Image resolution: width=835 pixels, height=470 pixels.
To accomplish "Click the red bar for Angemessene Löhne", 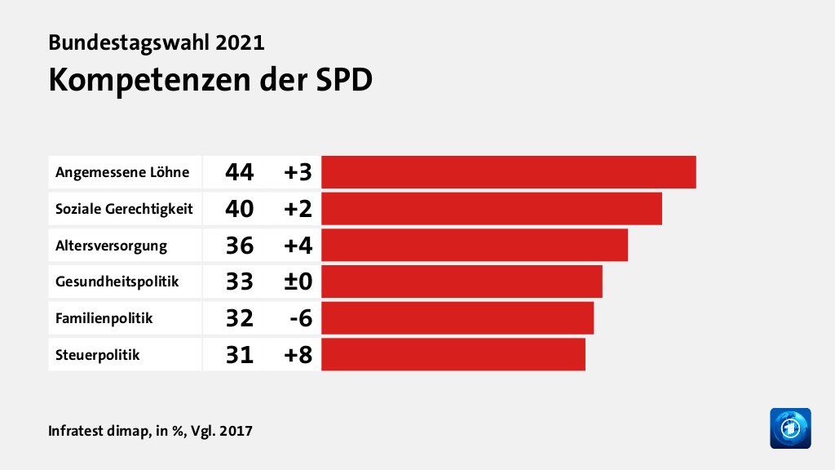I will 508,172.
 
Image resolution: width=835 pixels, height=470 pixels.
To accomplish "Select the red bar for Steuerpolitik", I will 453,355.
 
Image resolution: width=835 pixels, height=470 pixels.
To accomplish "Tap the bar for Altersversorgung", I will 475,246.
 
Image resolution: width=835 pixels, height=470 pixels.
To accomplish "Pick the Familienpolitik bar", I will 457,318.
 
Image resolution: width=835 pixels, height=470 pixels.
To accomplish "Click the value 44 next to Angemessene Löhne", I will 240,172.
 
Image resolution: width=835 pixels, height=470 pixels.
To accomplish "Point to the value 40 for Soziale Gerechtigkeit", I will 240,209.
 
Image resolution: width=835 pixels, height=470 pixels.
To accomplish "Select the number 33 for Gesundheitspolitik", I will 240,282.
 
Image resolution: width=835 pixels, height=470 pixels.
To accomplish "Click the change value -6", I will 299,319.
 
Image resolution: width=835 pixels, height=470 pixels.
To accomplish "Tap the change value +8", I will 298,355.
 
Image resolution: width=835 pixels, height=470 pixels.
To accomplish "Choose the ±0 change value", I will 298,282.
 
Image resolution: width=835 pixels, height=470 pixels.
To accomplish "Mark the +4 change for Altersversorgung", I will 298,246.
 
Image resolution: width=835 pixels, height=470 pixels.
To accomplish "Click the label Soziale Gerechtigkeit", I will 124,209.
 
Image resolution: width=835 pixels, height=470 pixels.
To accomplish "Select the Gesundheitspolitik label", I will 117,282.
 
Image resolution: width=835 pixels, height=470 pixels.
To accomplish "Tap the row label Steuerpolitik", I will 97,355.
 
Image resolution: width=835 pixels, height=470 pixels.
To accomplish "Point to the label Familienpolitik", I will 104,319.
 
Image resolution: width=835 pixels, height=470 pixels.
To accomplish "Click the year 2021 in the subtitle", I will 241,42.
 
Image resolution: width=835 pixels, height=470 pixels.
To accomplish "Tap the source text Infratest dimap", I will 95,430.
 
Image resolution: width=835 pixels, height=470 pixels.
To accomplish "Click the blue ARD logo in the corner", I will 790,428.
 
